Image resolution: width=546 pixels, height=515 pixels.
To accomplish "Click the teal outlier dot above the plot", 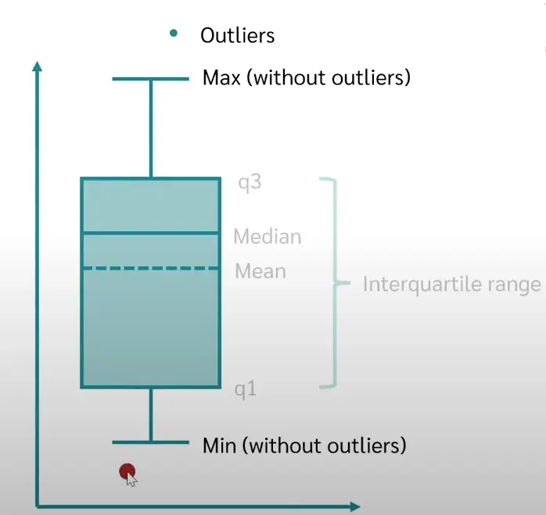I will click(x=173, y=33).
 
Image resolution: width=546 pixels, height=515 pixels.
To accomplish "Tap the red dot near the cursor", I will click(x=126, y=470).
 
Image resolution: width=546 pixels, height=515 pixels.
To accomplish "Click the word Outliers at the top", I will click(x=237, y=35).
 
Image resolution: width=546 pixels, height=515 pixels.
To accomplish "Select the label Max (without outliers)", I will click(x=306, y=77).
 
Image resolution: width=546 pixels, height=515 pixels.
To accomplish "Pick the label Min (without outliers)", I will click(x=304, y=446).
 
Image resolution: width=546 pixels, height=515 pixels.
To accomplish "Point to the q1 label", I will click(x=246, y=389).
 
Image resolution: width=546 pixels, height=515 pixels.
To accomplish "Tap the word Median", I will click(x=267, y=237).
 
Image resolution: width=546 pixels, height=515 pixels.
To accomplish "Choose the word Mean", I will click(x=260, y=272).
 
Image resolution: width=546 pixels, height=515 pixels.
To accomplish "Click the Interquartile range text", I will click(x=451, y=284).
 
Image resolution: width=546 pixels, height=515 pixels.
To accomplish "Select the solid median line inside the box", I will click(x=150, y=233).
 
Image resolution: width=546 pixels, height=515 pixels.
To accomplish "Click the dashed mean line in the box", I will click(x=150, y=269).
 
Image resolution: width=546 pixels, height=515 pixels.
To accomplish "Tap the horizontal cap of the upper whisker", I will click(x=150, y=79).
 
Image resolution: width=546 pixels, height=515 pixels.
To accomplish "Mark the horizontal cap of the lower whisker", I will click(x=150, y=443).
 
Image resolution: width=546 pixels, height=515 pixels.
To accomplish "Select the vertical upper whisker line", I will click(x=150, y=129).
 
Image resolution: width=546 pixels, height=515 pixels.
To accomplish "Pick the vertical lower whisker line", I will click(x=150, y=415).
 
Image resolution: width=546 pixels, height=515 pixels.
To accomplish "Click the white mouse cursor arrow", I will click(x=131, y=478).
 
